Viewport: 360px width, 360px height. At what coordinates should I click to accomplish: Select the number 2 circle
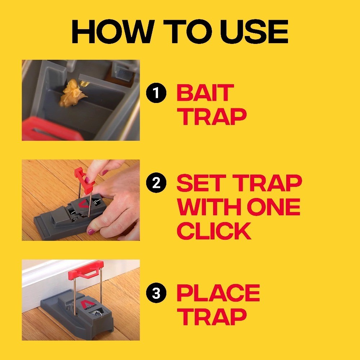(156, 184)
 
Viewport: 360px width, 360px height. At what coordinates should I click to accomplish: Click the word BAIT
(205, 93)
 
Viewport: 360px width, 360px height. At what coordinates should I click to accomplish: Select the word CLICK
(214, 231)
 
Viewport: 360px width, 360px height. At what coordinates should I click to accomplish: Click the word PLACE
(218, 293)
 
